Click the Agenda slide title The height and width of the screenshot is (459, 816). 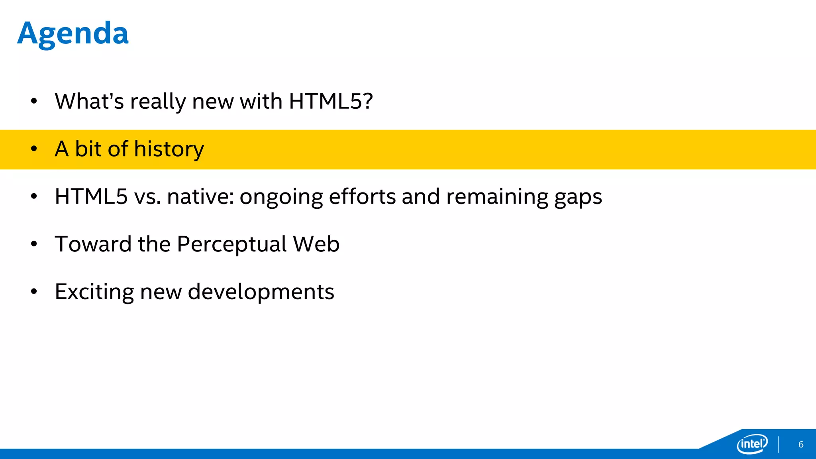73,33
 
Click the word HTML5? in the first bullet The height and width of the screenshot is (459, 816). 331,101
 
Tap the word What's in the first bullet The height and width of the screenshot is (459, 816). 89,101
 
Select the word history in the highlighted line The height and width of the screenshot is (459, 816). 169,149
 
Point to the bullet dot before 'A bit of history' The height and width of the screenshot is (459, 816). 34,149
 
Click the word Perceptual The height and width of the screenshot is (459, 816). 231,244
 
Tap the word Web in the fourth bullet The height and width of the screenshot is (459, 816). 316,244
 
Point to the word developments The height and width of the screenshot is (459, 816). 261,292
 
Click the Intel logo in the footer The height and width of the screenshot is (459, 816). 752,443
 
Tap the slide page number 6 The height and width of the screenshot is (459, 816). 801,445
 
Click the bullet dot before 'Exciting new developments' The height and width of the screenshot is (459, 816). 34,292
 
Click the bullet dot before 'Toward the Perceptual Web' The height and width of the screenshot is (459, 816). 34,244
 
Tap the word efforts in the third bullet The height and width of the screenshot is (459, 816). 362,196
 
